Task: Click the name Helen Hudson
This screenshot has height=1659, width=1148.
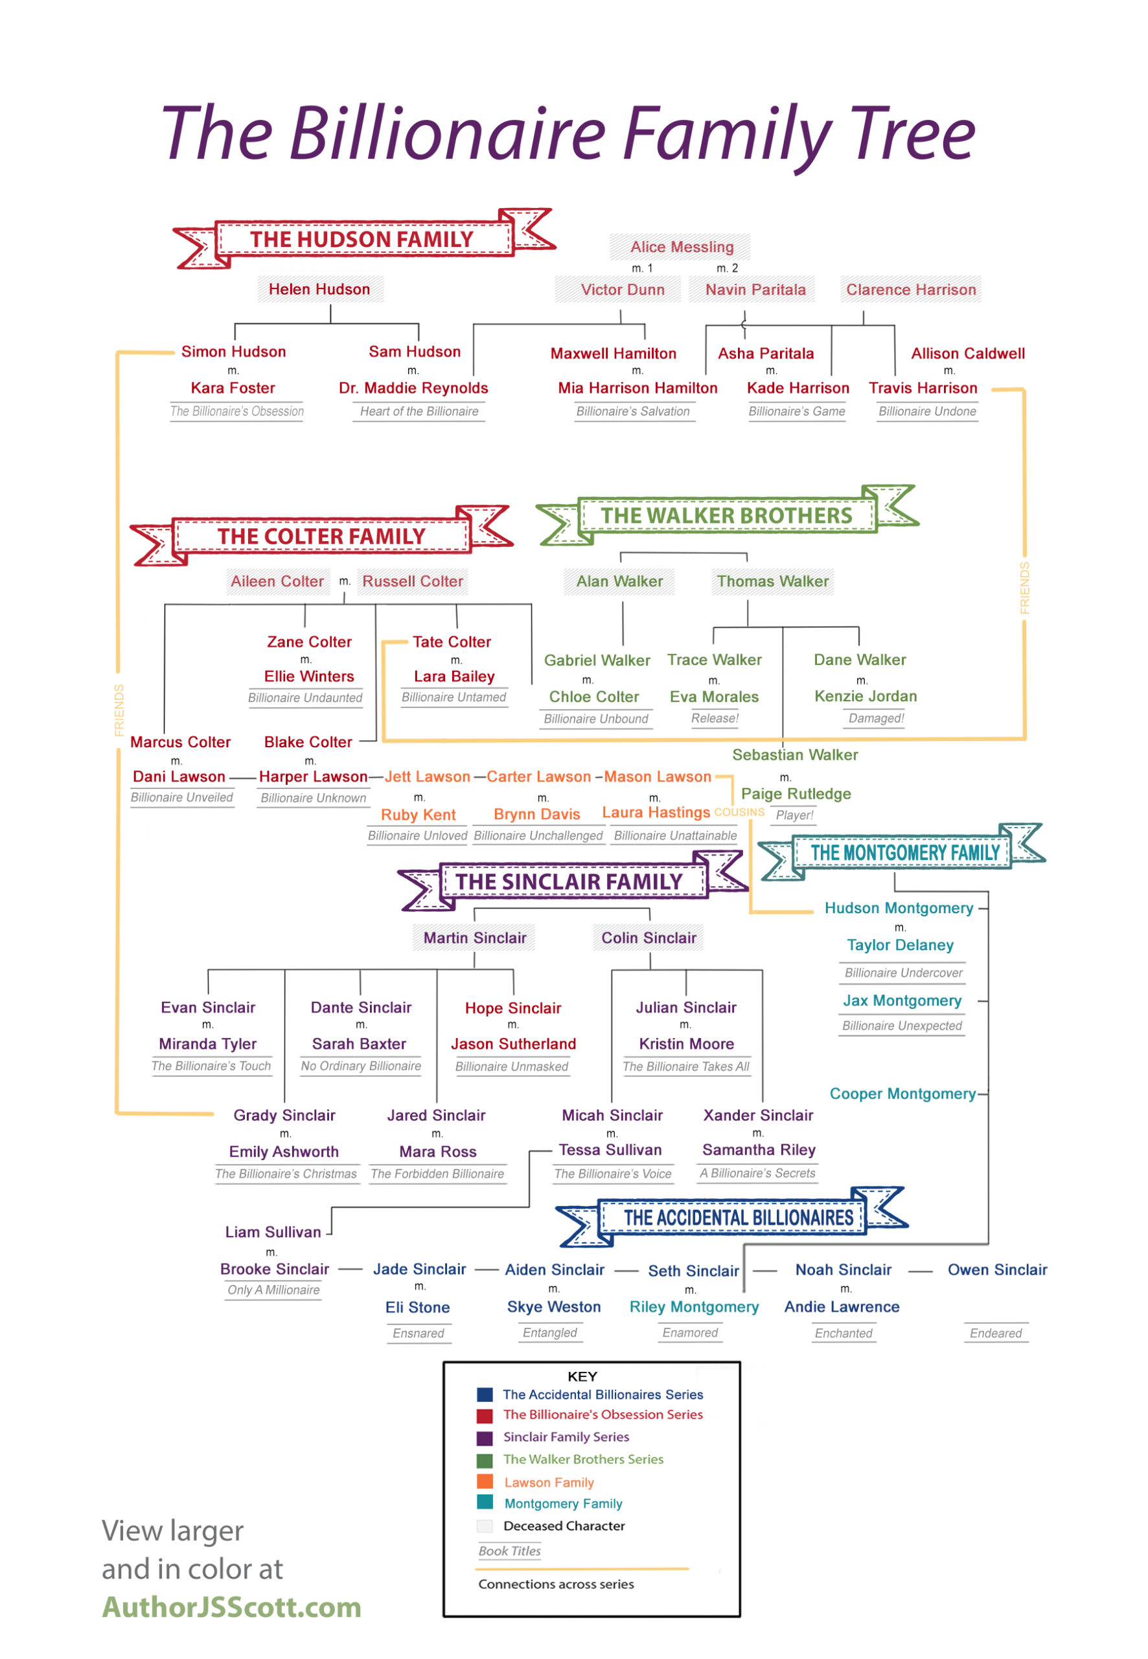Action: click(x=319, y=289)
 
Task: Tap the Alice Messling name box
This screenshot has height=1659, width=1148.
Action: click(x=681, y=247)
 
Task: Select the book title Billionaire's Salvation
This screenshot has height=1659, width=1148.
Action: click(x=633, y=412)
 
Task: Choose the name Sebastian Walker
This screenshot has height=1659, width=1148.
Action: click(x=795, y=755)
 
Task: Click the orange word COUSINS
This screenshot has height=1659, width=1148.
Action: click(x=739, y=812)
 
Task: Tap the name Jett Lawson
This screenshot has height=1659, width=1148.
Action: click(x=428, y=776)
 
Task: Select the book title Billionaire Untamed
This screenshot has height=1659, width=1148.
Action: click(x=454, y=697)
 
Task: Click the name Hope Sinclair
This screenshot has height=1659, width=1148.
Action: click(x=513, y=1008)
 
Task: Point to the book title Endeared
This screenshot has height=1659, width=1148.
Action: click(x=996, y=1333)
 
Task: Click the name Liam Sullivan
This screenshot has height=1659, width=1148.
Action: click(x=273, y=1232)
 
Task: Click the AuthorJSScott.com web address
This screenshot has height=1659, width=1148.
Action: click(x=232, y=1607)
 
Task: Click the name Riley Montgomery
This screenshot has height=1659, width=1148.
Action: click(x=694, y=1306)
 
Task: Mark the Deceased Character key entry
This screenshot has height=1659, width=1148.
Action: click(x=551, y=1526)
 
